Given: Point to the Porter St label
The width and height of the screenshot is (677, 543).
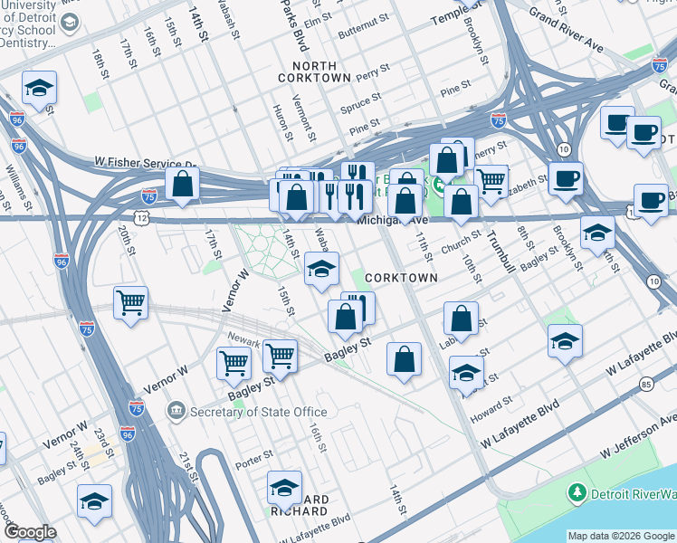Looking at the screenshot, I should coord(255,455).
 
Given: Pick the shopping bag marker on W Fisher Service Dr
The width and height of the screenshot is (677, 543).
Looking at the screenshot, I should coord(182,184).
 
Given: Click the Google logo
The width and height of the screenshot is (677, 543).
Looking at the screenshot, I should coord(29,532).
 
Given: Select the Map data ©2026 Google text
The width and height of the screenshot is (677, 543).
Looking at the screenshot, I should coord(620,536).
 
